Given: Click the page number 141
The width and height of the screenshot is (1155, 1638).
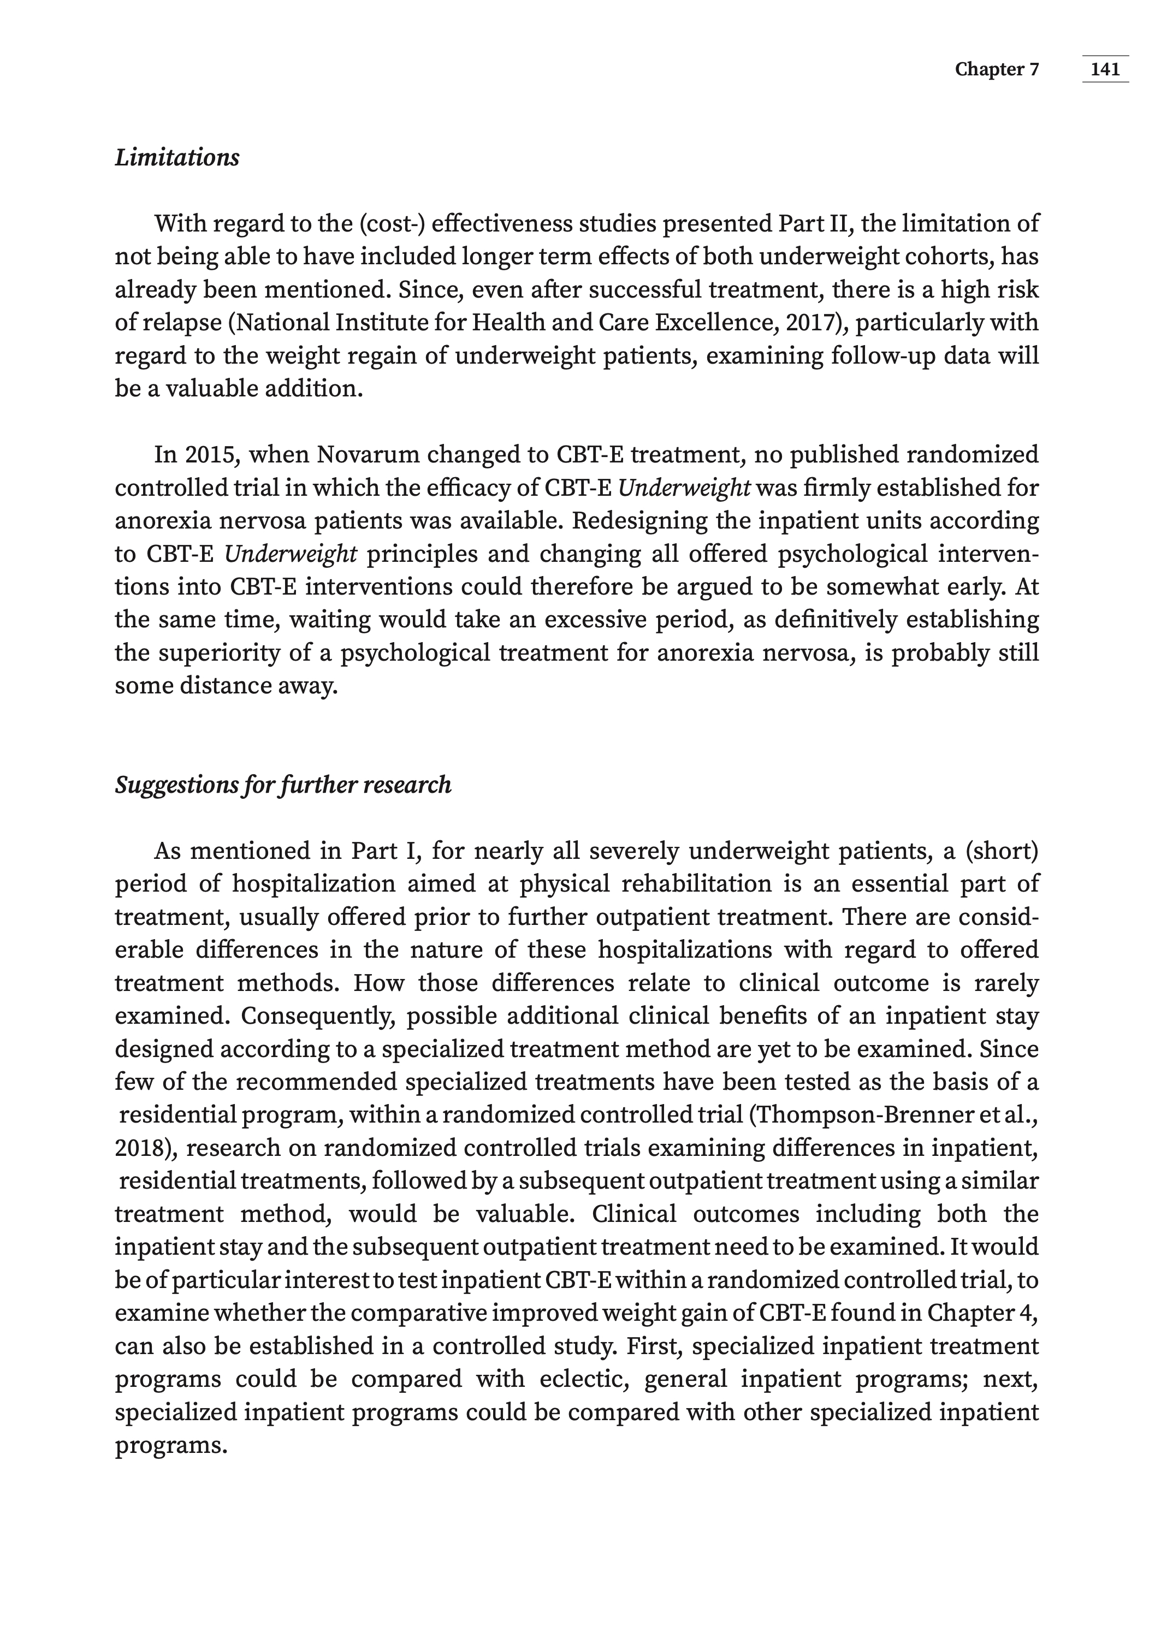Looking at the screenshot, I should pyautogui.click(x=1105, y=69).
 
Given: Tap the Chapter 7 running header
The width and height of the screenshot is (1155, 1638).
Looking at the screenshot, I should pyautogui.click(x=997, y=69).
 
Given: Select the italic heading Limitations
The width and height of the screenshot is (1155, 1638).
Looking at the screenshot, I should pyautogui.click(x=177, y=158).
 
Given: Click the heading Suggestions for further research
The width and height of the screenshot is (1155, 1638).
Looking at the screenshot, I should pyautogui.click(x=283, y=785).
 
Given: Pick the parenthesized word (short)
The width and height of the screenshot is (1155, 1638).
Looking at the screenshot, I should pyautogui.click(x=1001, y=851).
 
